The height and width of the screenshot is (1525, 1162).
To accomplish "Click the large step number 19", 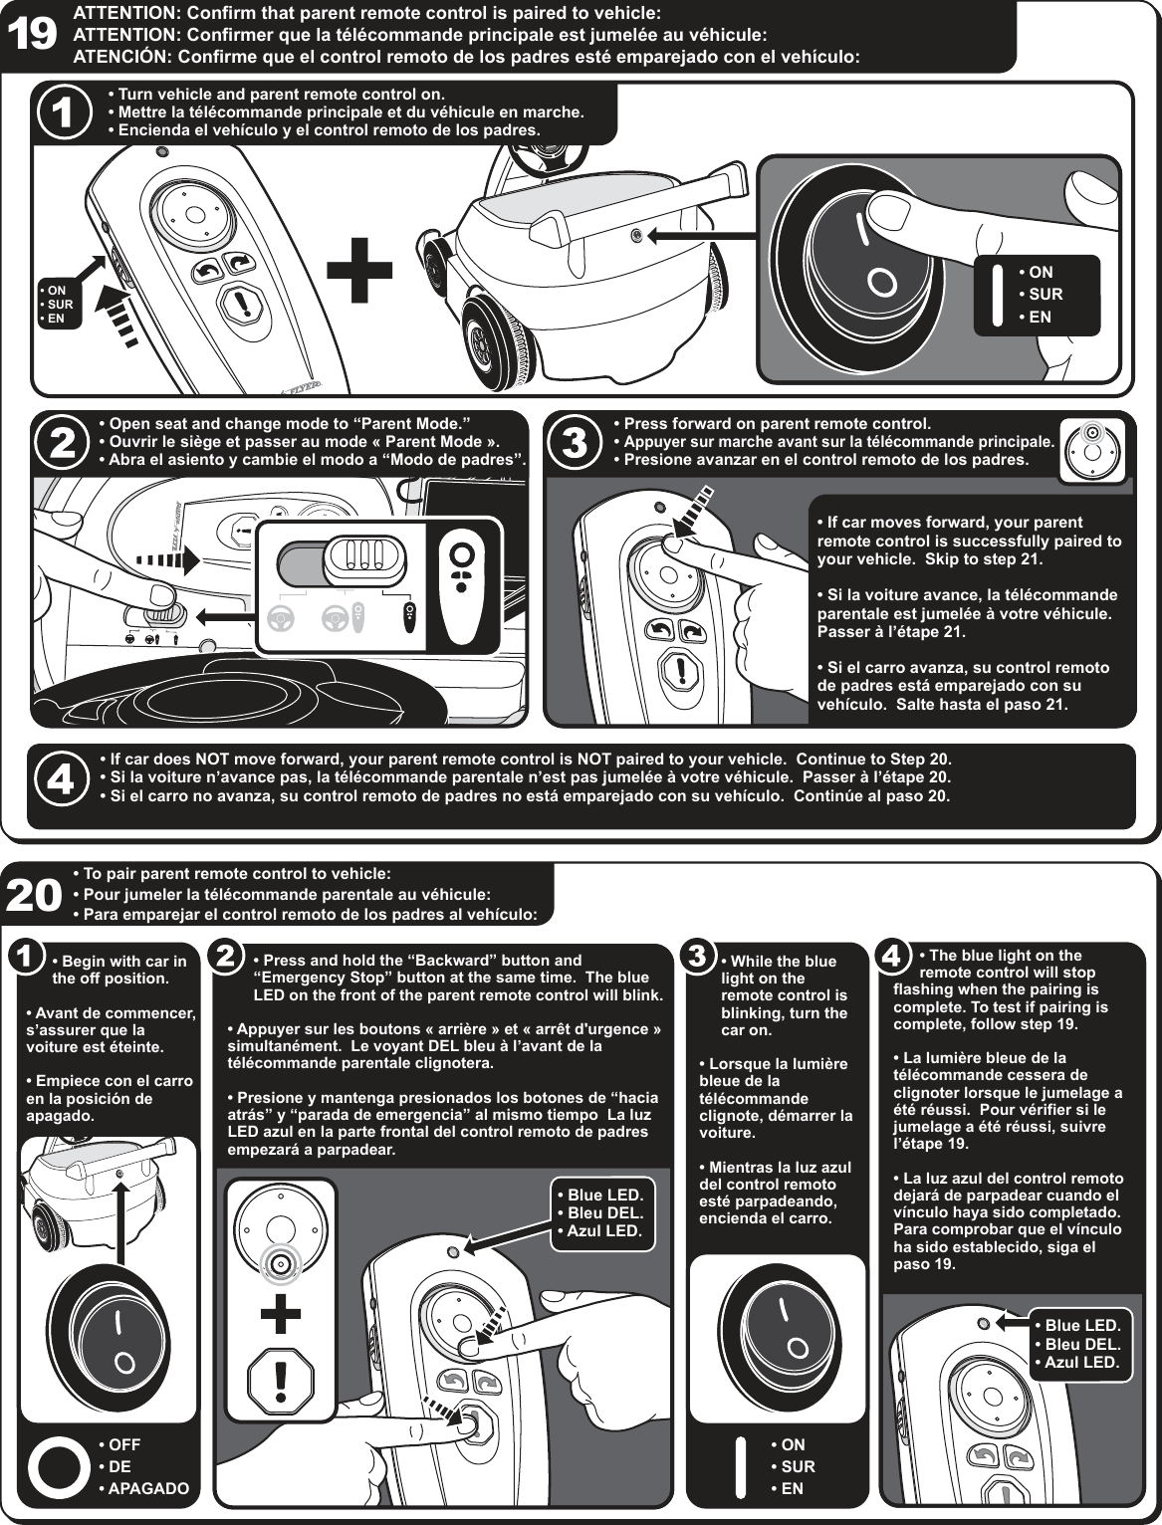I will click(33, 35).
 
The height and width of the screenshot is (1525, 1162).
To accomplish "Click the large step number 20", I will click(35, 894).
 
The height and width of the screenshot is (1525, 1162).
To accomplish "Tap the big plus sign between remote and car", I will click(360, 270).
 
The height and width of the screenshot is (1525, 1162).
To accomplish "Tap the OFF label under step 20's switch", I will click(124, 1444).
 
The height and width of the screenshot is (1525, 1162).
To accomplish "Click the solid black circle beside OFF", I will click(59, 1467).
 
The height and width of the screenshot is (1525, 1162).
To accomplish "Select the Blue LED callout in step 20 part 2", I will click(600, 1212).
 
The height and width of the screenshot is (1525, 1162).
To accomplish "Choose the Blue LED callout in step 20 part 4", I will click(1078, 1343).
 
